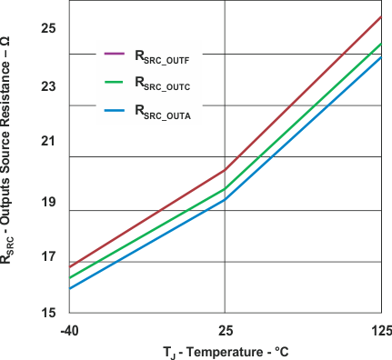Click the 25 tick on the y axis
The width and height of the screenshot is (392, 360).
pos(48,28)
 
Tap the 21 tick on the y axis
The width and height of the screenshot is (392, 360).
pos(48,142)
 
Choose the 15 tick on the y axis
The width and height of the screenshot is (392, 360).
pos(48,312)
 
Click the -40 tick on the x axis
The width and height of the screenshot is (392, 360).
pos(70,329)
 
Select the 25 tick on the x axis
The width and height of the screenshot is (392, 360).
pos(225,329)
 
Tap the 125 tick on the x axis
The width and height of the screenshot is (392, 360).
pos(380,329)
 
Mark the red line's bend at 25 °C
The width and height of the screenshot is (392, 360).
pos(225,170)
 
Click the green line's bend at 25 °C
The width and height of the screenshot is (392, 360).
pos(225,189)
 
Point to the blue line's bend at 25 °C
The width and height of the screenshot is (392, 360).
pos(225,200)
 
